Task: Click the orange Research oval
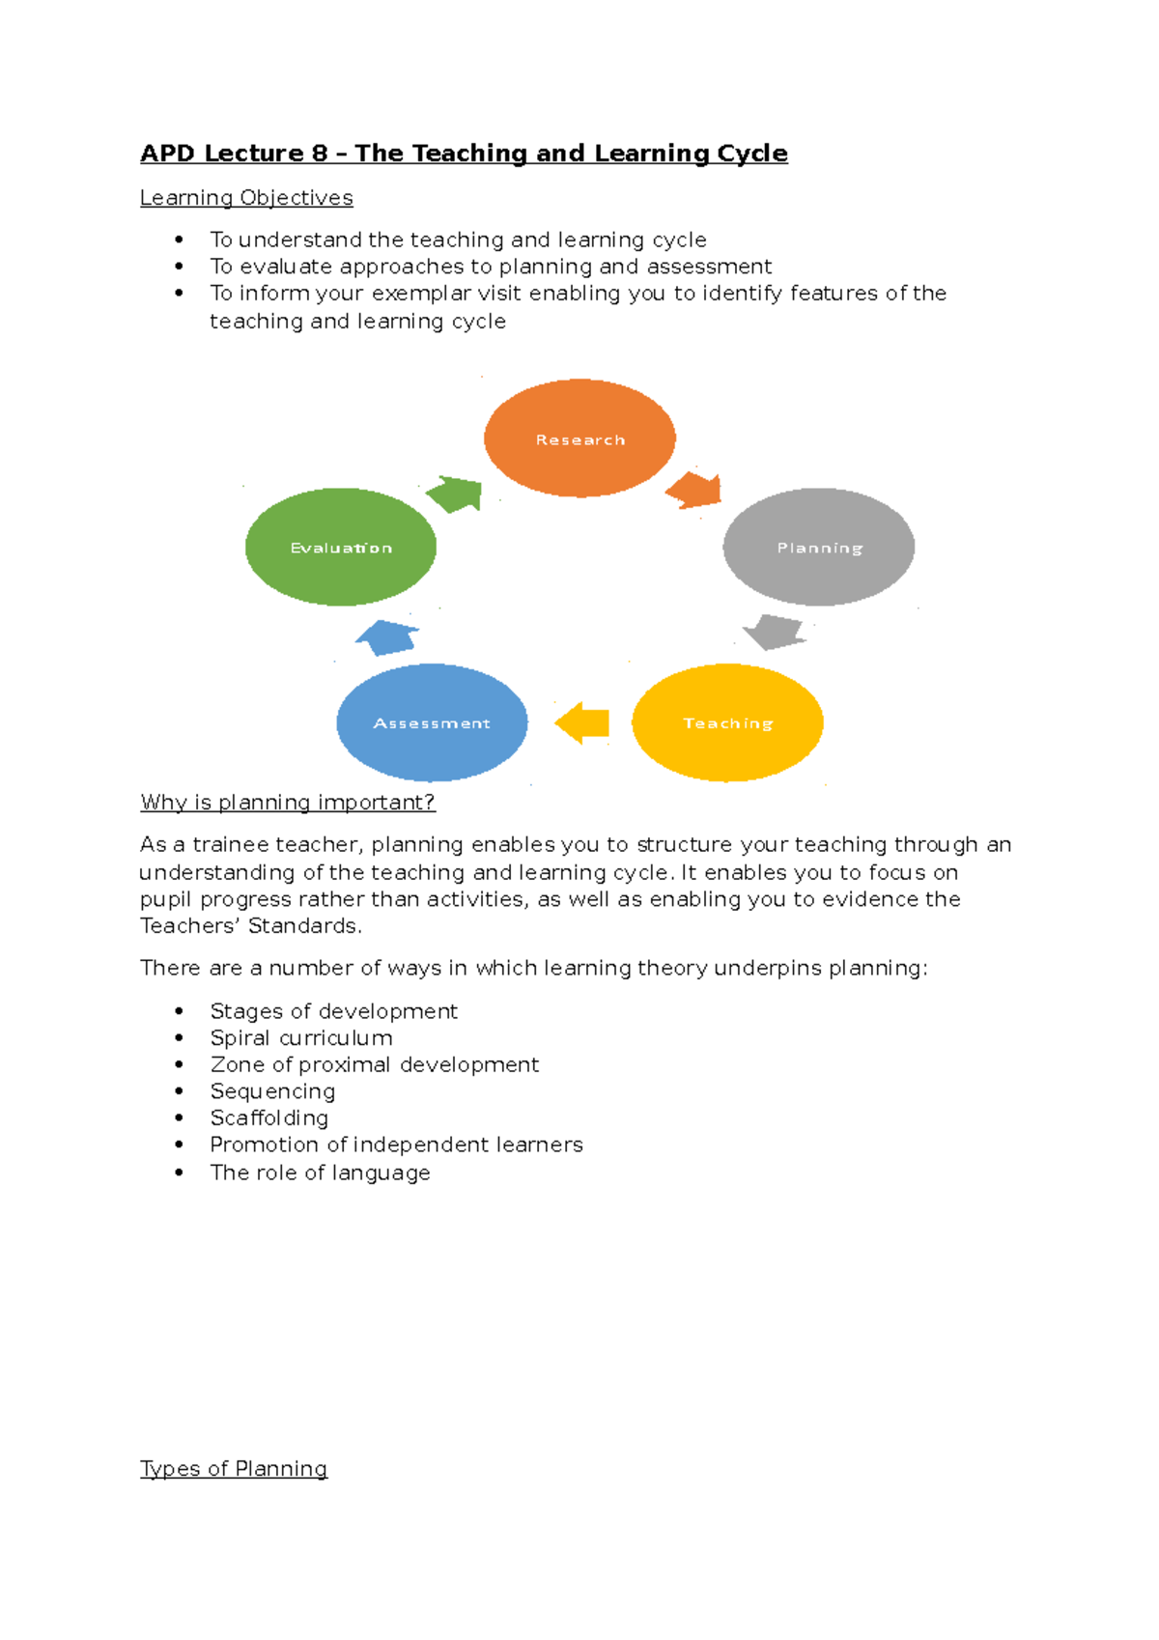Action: pyautogui.click(x=579, y=438)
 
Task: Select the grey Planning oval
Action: pyautogui.click(x=819, y=547)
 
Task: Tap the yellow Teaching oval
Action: pyautogui.click(x=727, y=722)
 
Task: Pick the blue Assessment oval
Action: pyautogui.click(x=432, y=722)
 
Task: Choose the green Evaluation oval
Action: pyautogui.click(x=341, y=547)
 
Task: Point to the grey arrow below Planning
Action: pyautogui.click(x=774, y=632)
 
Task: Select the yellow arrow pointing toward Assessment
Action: pyautogui.click(x=582, y=722)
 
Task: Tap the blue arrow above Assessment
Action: pyautogui.click(x=387, y=637)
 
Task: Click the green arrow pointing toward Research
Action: pyautogui.click(x=455, y=494)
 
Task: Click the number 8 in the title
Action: pyautogui.click(x=320, y=154)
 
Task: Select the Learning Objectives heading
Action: pyautogui.click(x=246, y=198)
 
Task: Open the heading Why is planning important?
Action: pyautogui.click(x=288, y=803)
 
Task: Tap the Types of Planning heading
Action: pyautogui.click(x=234, y=1469)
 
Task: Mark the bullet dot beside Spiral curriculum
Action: pyautogui.click(x=180, y=1037)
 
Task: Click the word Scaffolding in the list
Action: pyautogui.click(x=269, y=1118)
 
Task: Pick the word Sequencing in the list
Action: pyautogui.click(x=272, y=1091)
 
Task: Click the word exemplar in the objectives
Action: pyautogui.click(x=421, y=294)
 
